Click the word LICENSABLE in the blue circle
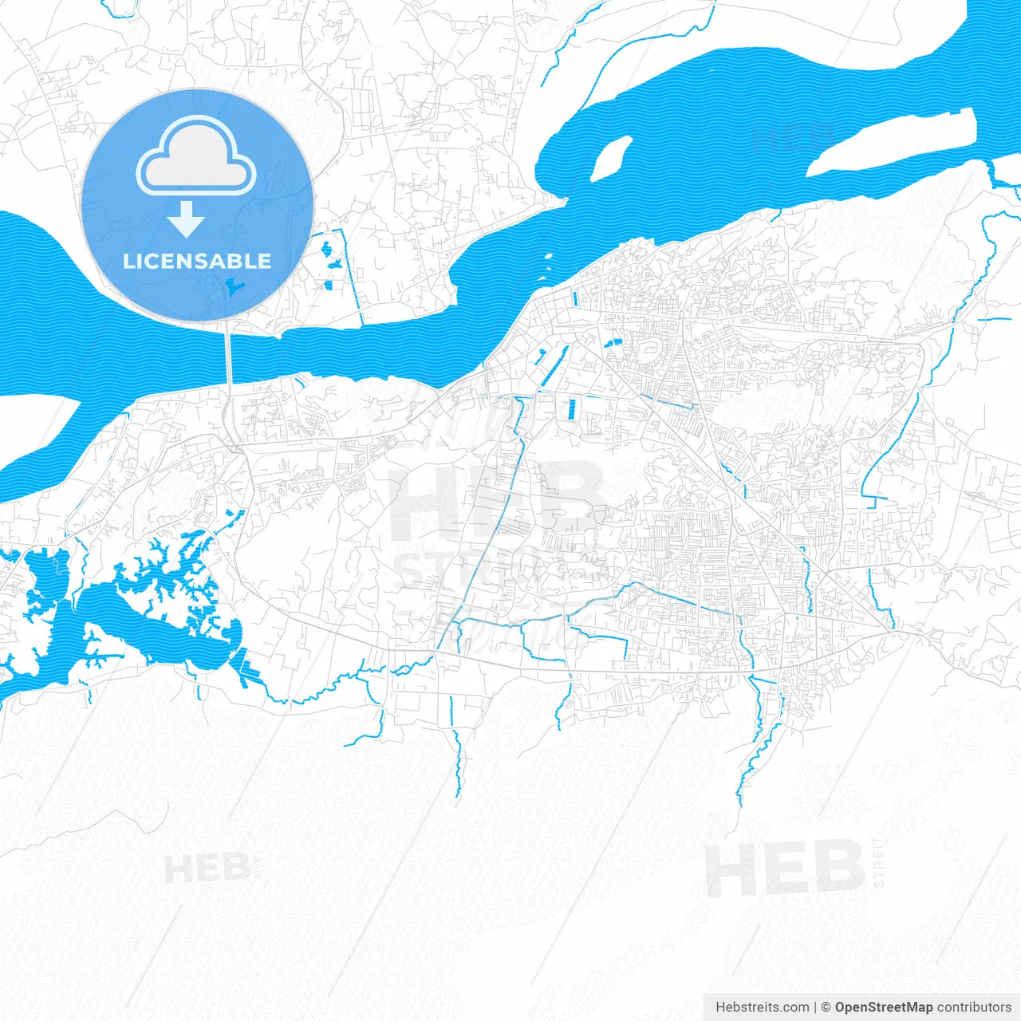coord(197,261)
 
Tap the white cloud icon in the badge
coord(196,157)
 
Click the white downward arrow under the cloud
coord(187,219)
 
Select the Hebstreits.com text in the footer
coord(762,1007)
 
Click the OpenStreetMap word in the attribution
coord(884,1007)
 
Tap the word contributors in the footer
coord(974,1007)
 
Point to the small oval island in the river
coord(610,157)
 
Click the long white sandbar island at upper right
coord(893,144)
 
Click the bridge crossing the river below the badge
coord(228,359)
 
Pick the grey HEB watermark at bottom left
coord(207,868)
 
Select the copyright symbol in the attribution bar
coord(826,1007)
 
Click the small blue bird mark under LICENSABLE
coord(231,287)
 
